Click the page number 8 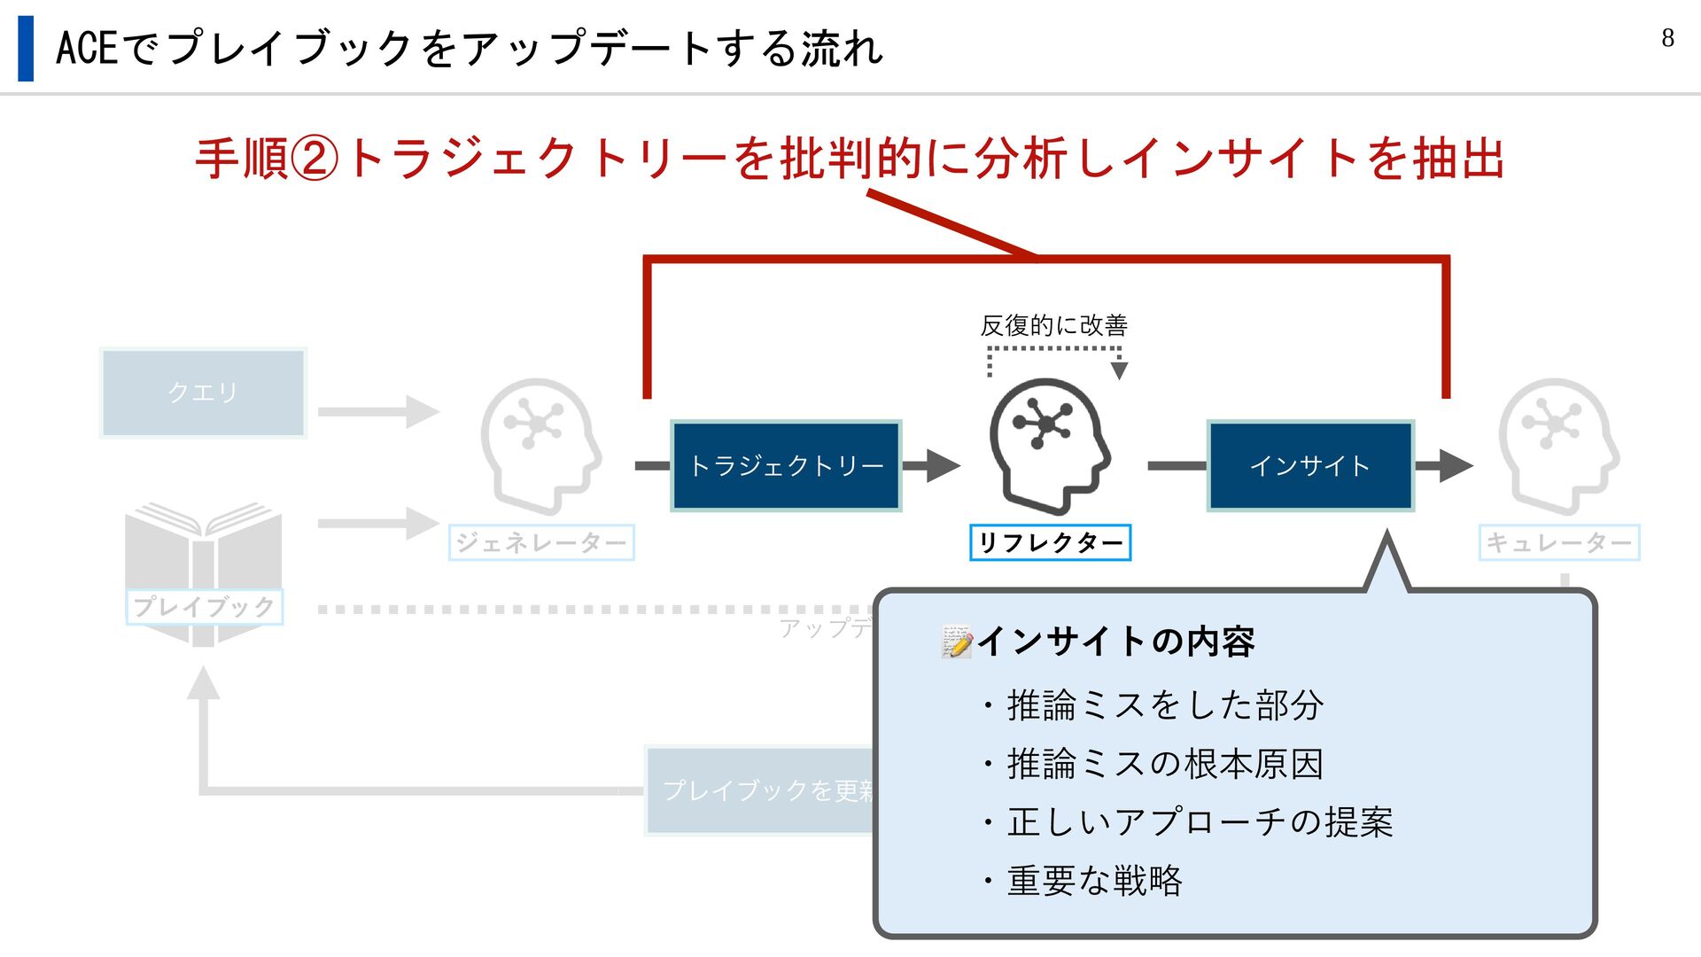[x=1667, y=38]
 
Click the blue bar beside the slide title [x=26, y=49]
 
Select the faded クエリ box [x=203, y=393]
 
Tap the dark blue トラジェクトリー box [x=786, y=465]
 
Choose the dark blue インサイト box [x=1310, y=465]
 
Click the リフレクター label [x=1050, y=542]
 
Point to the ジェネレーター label [x=541, y=542]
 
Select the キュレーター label [x=1558, y=542]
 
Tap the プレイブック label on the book [x=204, y=607]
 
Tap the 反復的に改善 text [x=1053, y=326]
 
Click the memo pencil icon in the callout [x=957, y=642]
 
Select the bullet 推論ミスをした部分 [x=1165, y=705]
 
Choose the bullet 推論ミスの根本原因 [x=1165, y=764]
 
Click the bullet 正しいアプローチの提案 [x=1200, y=822]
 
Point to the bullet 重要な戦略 [x=1094, y=881]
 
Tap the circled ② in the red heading [x=315, y=159]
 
